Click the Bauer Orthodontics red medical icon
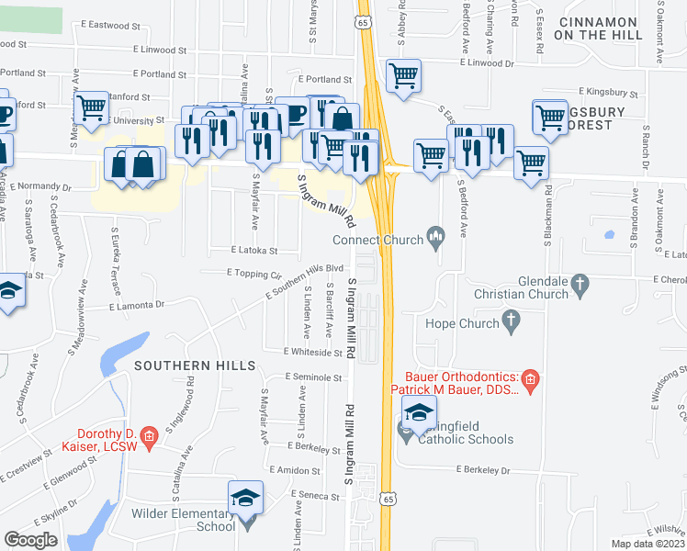[x=529, y=378]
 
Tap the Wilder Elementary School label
[x=184, y=520]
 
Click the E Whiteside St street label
[x=313, y=352]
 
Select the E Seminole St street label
[x=313, y=377]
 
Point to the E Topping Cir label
[x=253, y=274]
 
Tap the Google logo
[x=31, y=540]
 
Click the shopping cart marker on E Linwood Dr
[x=402, y=76]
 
